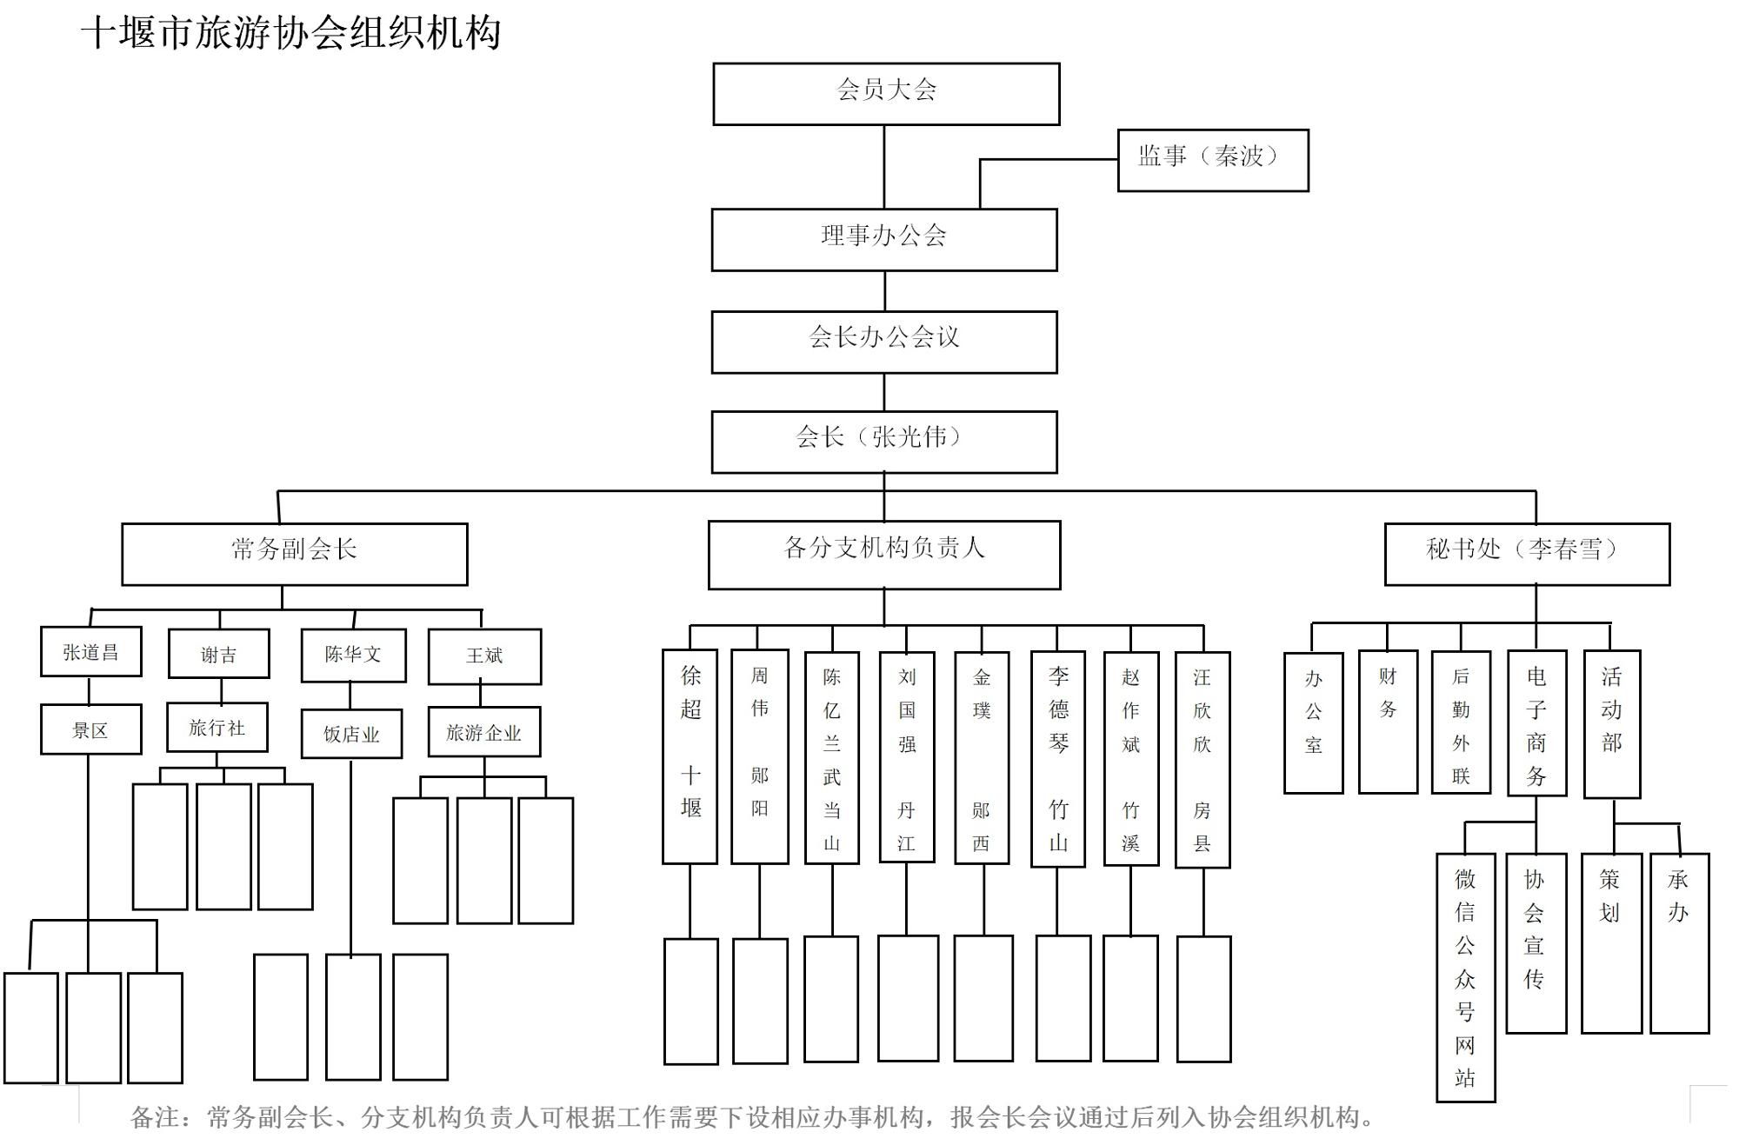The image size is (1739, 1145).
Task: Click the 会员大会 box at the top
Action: (886, 93)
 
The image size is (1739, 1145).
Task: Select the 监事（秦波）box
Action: (1212, 160)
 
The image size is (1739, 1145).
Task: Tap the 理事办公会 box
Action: (884, 239)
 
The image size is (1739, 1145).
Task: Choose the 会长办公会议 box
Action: (884, 342)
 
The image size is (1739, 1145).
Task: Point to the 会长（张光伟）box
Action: (884, 442)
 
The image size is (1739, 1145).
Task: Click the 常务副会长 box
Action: (294, 553)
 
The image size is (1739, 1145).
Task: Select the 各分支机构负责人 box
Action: (884, 554)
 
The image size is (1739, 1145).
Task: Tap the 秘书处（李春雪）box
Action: (1527, 553)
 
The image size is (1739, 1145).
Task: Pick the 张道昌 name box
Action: (90, 652)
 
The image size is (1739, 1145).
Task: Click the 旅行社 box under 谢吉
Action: (217, 727)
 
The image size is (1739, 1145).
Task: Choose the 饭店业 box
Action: (351, 734)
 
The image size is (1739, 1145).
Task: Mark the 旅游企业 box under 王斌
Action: (483, 732)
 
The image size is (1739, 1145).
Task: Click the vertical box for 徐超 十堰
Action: (690, 756)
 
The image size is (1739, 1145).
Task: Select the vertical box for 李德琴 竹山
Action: (1058, 758)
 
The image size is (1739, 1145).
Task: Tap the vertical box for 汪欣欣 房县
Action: (1203, 759)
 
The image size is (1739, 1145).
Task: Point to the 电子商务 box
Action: (1536, 722)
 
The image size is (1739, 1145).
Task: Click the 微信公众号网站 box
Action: (1465, 977)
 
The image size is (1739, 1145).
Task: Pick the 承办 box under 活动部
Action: (1679, 942)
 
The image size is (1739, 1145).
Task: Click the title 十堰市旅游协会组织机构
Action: (290, 33)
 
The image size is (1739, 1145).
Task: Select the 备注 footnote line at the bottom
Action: (752, 1117)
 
